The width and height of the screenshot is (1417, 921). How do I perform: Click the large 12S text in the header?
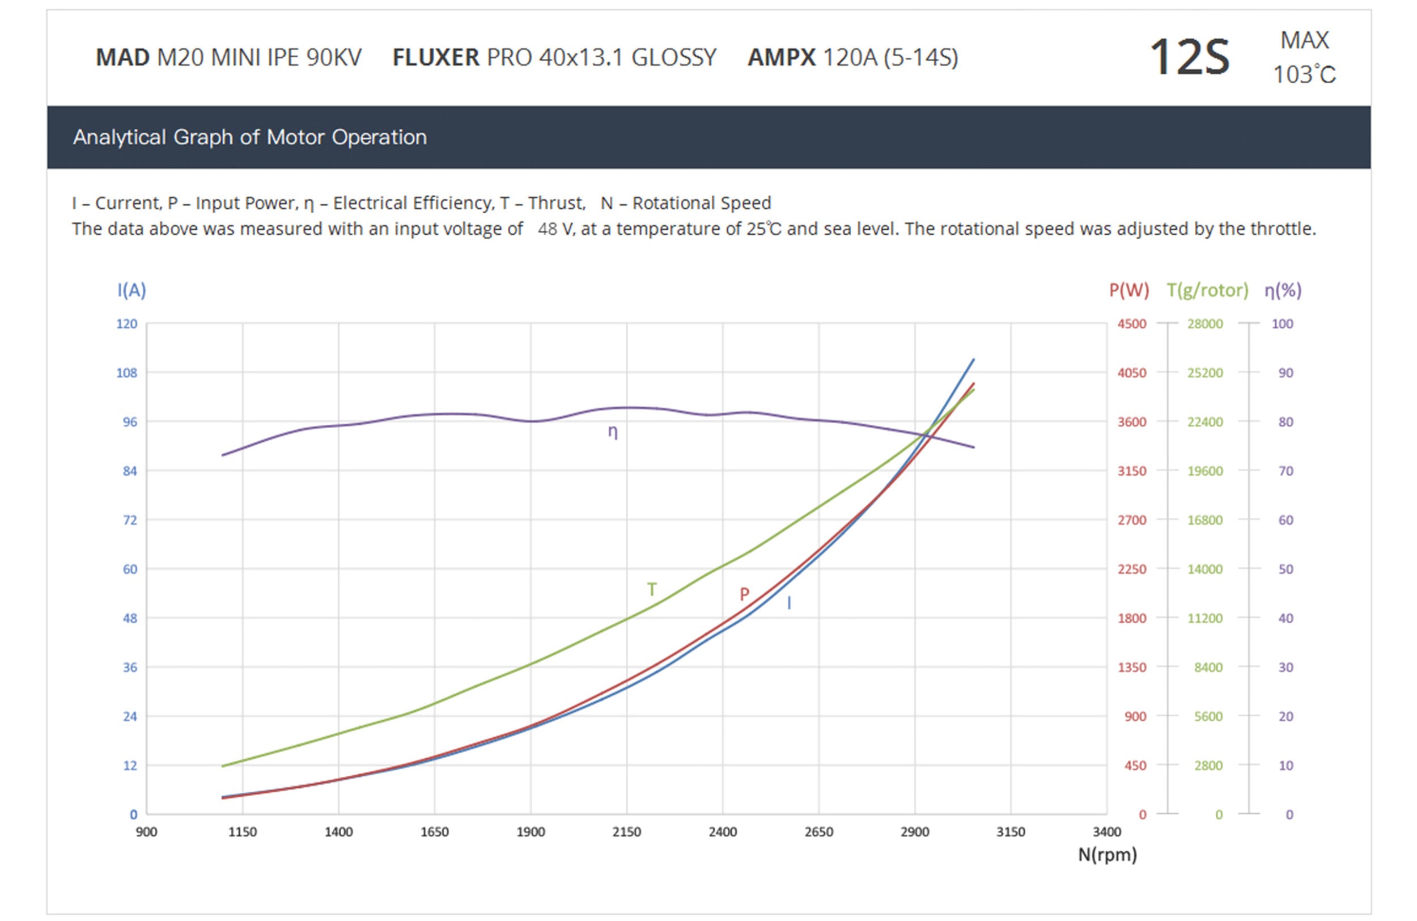(1189, 57)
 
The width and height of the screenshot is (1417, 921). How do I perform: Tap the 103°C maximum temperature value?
(1304, 75)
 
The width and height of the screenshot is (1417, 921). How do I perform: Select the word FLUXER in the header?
(435, 58)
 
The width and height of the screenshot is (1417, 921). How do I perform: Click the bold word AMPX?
(781, 58)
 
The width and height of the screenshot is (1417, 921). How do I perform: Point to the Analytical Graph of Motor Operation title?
(249, 137)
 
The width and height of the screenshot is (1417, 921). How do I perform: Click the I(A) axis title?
(131, 290)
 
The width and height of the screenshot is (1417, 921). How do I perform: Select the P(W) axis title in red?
(1129, 290)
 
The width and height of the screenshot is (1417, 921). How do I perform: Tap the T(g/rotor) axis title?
(1207, 290)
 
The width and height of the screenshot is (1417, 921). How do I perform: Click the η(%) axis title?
(1283, 290)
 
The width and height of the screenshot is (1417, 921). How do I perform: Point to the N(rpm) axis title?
(1108, 855)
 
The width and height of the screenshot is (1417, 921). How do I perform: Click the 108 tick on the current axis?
(126, 373)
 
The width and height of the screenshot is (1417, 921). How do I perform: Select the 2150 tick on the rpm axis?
(626, 832)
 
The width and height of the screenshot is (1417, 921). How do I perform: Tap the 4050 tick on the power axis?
(1131, 373)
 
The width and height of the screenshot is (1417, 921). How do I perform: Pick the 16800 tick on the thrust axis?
(1205, 520)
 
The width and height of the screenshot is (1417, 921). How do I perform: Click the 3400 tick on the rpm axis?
(1107, 832)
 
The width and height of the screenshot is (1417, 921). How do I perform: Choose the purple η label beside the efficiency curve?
(613, 432)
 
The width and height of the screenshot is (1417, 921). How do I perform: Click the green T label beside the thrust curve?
(652, 590)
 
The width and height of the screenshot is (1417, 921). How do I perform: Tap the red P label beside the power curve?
(744, 594)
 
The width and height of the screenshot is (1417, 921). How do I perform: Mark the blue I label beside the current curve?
(789, 603)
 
